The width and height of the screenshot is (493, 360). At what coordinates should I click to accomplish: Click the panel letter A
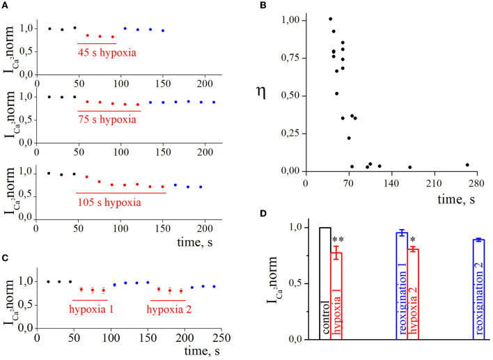click(6, 6)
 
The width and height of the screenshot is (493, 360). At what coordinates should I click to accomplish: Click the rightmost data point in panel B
click(467, 165)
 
